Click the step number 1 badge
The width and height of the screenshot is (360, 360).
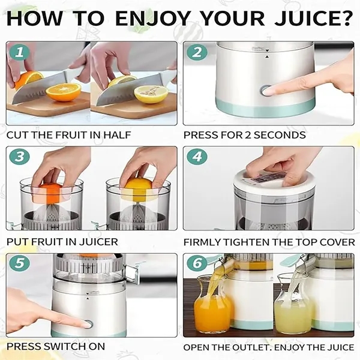pos(20,52)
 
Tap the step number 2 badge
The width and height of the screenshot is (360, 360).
pos(197,52)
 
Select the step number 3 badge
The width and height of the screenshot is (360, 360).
pos(20,157)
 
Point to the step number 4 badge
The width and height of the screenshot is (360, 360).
pos(197,157)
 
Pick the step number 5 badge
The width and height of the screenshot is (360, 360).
pos(20,263)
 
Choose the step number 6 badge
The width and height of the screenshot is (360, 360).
pos(197,263)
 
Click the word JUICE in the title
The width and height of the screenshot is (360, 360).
pos(305,19)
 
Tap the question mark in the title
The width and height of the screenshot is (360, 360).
pos(346,19)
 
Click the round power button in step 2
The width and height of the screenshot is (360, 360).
pos(266,91)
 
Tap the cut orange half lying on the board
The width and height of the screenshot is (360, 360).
pos(64,92)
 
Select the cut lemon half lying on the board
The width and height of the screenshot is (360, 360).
pos(151,94)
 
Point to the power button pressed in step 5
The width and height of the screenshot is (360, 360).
pos(88,324)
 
